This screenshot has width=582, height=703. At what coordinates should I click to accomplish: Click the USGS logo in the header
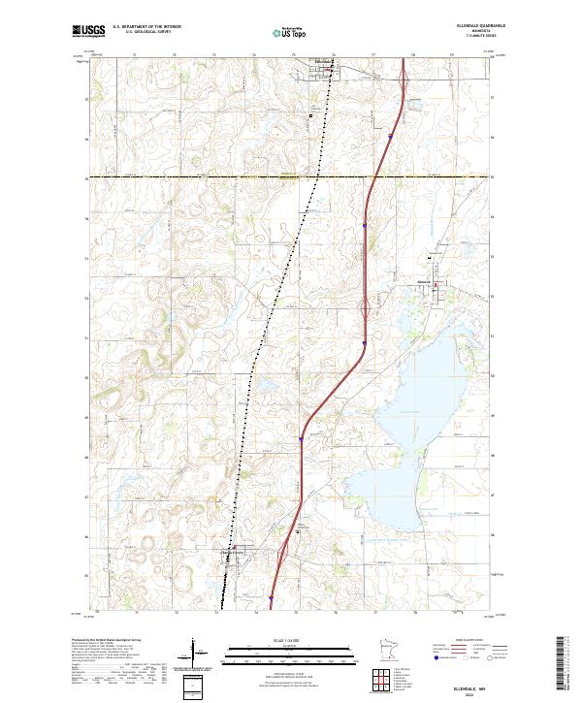click(88, 32)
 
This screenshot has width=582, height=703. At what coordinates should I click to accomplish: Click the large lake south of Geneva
click(417, 388)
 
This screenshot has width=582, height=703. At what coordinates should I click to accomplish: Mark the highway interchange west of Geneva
click(364, 310)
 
